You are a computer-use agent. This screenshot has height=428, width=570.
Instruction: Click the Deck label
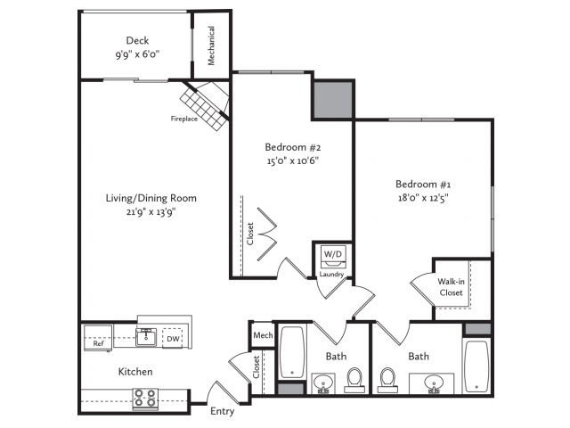tap(137, 40)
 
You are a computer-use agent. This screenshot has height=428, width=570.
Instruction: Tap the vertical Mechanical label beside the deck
tap(211, 45)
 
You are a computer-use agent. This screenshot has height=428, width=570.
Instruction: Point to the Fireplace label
tap(184, 119)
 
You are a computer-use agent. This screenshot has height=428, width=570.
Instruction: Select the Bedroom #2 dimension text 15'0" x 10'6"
tap(293, 160)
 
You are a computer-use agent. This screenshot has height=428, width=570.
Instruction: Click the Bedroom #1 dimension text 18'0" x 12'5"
tap(423, 198)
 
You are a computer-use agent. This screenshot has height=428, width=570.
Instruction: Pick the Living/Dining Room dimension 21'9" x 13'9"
tap(151, 212)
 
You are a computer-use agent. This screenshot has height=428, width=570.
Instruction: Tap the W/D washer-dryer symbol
tap(333, 257)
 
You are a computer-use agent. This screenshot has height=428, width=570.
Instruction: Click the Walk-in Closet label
tap(451, 287)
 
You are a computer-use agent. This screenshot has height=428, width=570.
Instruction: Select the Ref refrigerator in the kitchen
tap(98, 338)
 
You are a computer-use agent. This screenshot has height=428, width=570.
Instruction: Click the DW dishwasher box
tap(173, 339)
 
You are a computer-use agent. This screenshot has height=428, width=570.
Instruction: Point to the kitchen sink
tap(146, 337)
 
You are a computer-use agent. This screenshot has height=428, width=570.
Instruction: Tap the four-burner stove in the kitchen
tap(145, 399)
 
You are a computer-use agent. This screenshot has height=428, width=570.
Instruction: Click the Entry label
tap(223, 411)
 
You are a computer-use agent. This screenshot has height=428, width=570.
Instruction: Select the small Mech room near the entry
tap(263, 335)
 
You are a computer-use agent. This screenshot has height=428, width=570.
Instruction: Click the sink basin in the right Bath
tap(434, 383)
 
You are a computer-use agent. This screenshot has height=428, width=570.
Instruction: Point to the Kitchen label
tap(135, 372)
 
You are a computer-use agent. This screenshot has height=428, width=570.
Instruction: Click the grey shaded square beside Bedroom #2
tap(333, 99)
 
